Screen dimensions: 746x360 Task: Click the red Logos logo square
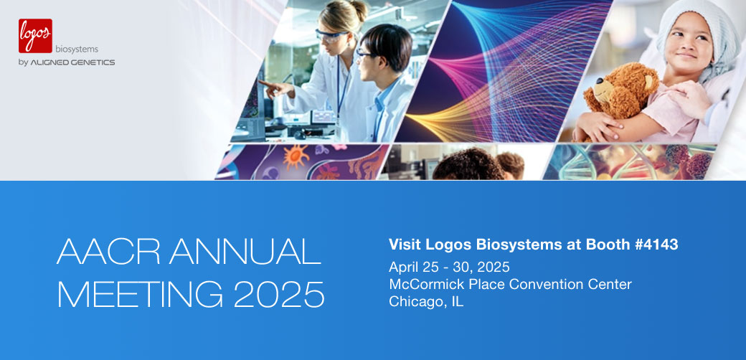click(35, 36)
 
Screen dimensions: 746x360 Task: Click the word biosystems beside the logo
click(77, 49)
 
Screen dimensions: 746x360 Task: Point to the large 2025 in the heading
click(279, 294)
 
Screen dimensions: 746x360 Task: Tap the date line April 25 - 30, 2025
click(449, 266)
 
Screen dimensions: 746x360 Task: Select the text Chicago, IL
click(426, 301)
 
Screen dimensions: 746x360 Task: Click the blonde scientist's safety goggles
click(331, 36)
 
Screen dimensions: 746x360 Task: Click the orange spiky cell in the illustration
click(296, 157)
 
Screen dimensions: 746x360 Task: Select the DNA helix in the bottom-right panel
click(590, 161)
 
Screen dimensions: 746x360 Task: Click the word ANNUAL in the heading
click(245, 251)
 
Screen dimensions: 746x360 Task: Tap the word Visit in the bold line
click(404, 245)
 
